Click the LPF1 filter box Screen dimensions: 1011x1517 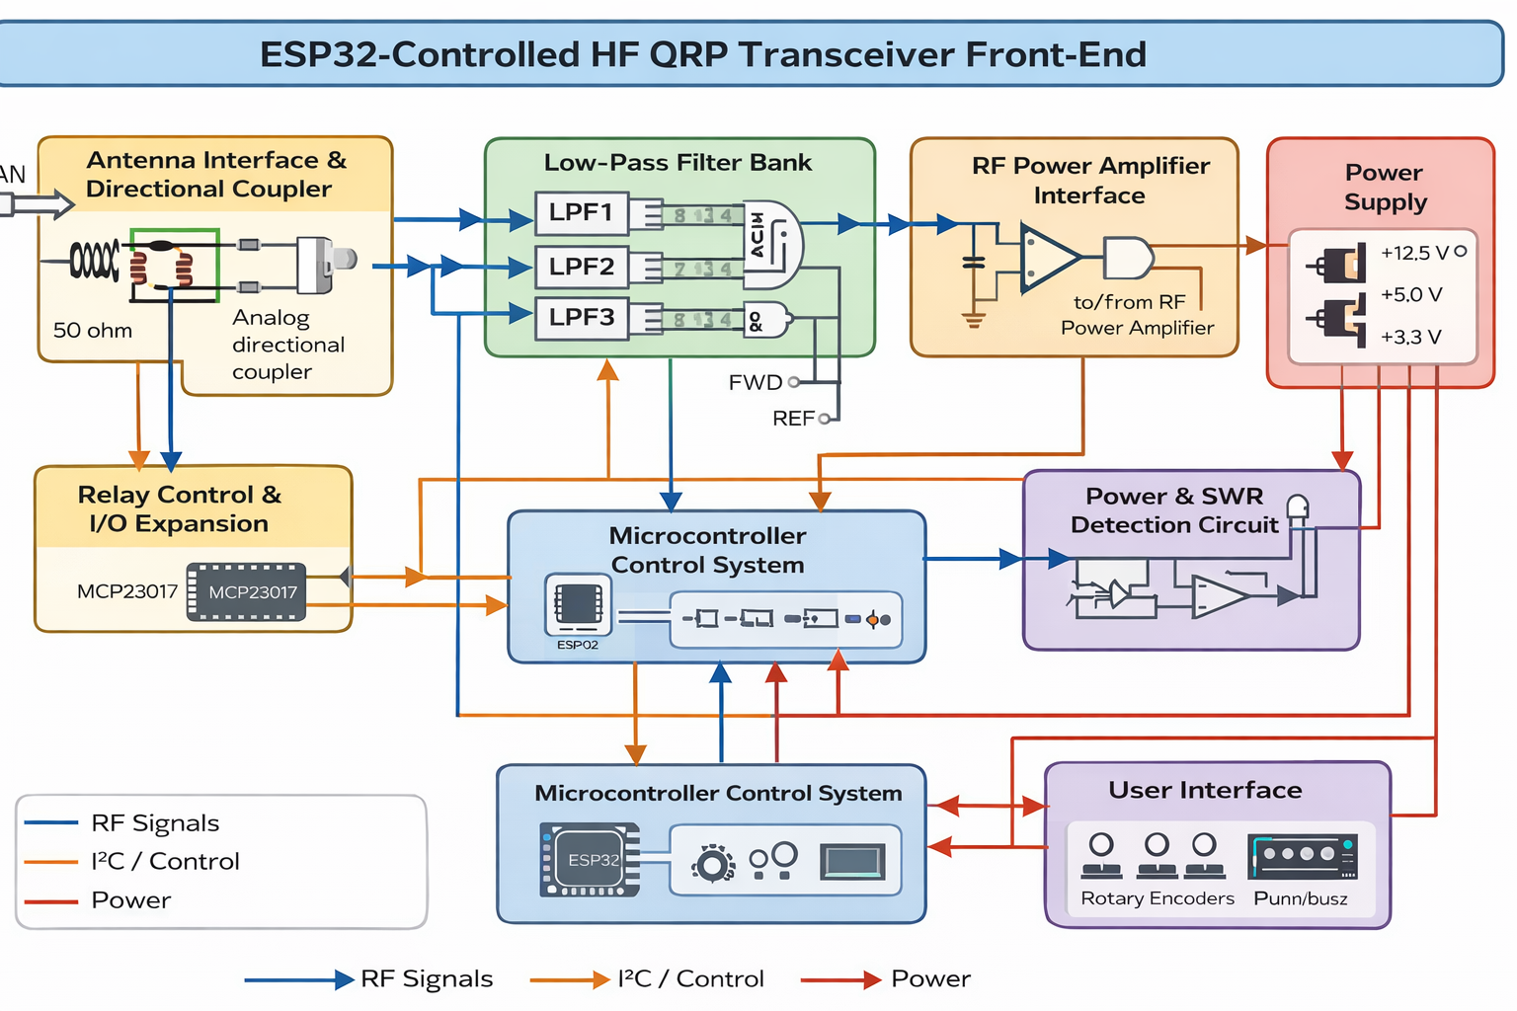click(582, 213)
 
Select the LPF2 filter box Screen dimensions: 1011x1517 click(582, 267)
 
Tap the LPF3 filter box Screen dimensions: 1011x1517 click(582, 318)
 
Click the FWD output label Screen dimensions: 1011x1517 click(756, 382)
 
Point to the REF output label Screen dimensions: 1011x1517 click(793, 419)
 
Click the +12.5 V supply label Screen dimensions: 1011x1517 click(1414, 253)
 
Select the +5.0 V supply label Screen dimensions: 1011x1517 click(1411, 294)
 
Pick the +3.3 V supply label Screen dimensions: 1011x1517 click(1411, 337)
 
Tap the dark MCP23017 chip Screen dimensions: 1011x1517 click(247, 592)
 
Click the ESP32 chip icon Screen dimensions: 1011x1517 click(591, 859)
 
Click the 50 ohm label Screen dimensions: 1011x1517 click(93, 331)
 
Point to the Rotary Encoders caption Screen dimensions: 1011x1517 click(1158, 898)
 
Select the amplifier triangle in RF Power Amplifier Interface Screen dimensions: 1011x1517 click(1049, 258)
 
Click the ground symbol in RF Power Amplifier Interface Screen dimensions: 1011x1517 click(974, 318)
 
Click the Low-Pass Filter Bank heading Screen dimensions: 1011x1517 click(678, 163)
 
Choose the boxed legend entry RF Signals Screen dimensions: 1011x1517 click(155, 823)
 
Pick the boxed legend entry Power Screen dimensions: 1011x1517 click(131, 900)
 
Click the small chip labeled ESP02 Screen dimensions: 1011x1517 click(578, 604)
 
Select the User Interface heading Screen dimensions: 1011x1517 click(1205, 790)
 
